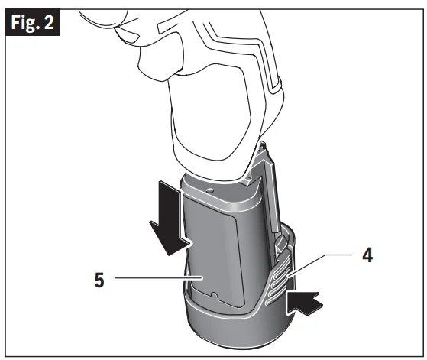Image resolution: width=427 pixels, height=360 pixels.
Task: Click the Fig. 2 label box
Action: click(x=33, y=22)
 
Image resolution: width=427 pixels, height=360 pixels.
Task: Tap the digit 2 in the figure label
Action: click(x=49, y=22)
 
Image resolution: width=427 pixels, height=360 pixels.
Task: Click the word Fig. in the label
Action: click(x=25, y=23)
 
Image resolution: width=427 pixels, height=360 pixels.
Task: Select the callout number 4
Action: click(x=367, y=255)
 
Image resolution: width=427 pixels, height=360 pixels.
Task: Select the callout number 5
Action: click(x=99, y=280)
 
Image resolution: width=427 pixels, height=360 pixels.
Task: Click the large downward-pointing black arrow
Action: click(x=170, y=218)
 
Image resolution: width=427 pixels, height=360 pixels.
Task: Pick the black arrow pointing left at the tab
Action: click(x=305, y=303)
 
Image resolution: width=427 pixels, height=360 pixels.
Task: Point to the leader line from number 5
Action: click(x=159, y=278)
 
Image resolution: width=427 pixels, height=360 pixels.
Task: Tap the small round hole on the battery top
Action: click(x=209, y=190)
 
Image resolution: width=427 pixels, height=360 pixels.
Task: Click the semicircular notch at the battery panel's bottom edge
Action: click(x=214, y=296)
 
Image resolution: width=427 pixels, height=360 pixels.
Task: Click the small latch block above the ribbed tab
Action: click(x=281, y=245)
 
